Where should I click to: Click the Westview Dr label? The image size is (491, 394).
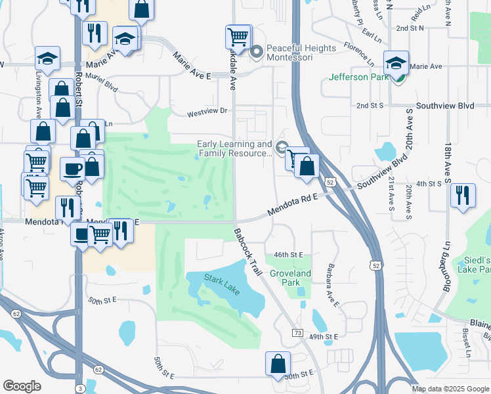coord(210,112)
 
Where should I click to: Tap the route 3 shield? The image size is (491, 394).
coord(79,389)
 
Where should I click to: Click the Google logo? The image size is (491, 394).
coord(22,385)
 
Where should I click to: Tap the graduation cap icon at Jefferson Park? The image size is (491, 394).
coord(396,63)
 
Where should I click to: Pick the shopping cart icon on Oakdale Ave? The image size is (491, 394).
coord(238,37)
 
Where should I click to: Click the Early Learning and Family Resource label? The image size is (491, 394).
coord(234,148)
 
